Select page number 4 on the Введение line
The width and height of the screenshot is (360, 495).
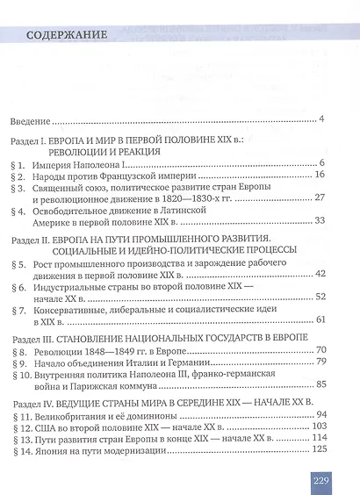click(x=323, y=118)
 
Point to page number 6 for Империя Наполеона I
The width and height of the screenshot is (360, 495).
click(x=323, y=162)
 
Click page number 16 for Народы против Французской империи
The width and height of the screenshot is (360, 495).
click(x=320, y=176)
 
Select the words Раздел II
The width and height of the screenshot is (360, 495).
click(x=30, y=262)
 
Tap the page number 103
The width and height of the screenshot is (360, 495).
click(x=318, y=478)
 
